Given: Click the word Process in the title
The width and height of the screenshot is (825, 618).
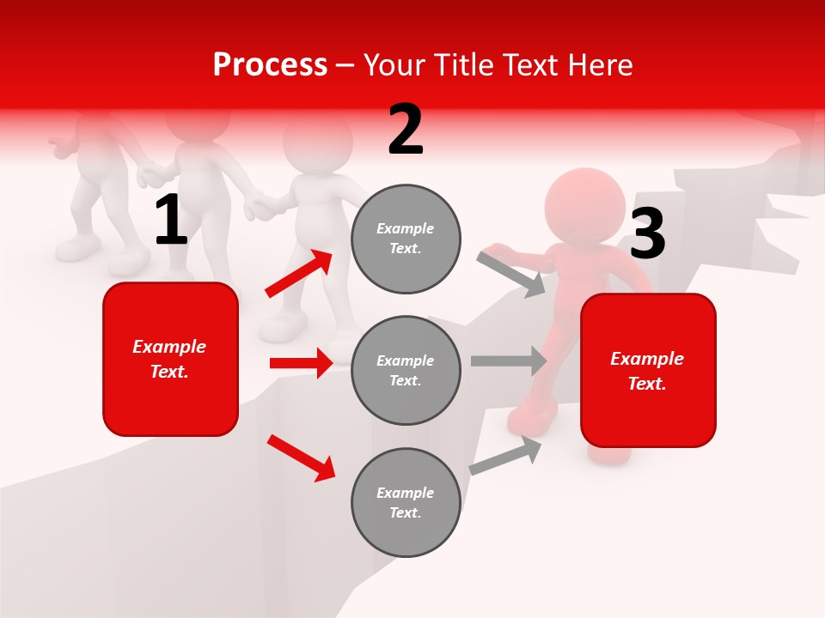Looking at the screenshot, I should coord(270,65).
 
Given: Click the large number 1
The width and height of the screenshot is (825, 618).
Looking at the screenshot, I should coord(171,221).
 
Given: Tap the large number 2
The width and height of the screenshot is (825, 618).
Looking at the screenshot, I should coord(406,130).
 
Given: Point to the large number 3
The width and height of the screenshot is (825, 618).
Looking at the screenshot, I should coord(648,234).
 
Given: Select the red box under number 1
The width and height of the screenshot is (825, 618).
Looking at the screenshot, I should coord(170,359).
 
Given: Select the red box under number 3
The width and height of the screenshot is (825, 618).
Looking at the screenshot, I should coord(648,370).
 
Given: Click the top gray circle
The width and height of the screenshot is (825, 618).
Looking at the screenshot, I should coord(406,239).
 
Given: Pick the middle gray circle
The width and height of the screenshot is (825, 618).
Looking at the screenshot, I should coord(406,370).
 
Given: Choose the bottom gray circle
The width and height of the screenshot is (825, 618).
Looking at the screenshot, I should coord(406,502).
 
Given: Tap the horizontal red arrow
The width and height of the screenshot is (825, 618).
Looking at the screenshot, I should coord(301,363).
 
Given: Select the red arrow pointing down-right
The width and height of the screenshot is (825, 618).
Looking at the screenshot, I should coord(301,457).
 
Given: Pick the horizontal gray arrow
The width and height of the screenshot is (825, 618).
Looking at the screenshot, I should coord(509,360).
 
